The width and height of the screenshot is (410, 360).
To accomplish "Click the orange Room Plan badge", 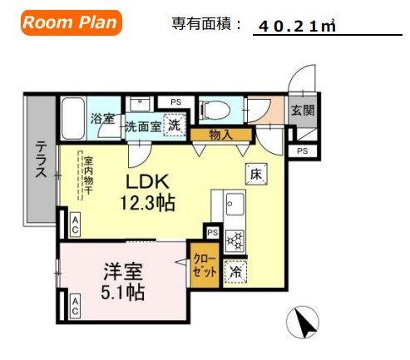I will click(x=70, y=22).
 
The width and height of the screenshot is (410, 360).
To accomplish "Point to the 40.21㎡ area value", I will click(x=296, y=27).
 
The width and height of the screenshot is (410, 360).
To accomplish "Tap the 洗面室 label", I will click(x=142, y=127).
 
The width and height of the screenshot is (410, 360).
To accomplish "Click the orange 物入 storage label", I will click(x=220, y=133).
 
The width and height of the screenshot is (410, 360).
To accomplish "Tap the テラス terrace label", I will click(x=40, y=158).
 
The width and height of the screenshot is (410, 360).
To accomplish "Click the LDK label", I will click(x=147, y=182).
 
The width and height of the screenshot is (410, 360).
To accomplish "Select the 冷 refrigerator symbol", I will click(x=235, y=270).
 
